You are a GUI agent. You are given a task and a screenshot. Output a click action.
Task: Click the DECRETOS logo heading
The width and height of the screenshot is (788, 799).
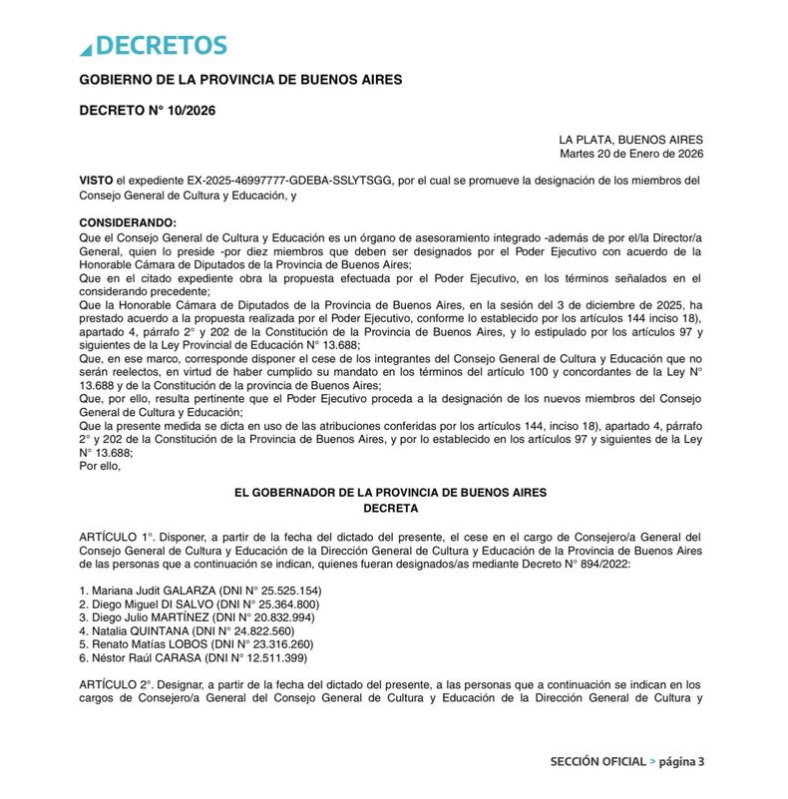(154, 46)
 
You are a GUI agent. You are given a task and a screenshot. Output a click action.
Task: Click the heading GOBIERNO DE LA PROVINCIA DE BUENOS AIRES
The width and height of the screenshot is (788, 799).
(240, 80)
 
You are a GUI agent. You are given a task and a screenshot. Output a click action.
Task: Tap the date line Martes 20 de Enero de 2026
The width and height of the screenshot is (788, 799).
(631, 154)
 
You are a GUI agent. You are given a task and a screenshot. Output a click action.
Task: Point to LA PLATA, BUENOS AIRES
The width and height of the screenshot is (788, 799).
(630, 140)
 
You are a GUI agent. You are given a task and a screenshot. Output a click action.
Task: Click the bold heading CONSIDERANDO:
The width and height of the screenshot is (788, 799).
(127, 221)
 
